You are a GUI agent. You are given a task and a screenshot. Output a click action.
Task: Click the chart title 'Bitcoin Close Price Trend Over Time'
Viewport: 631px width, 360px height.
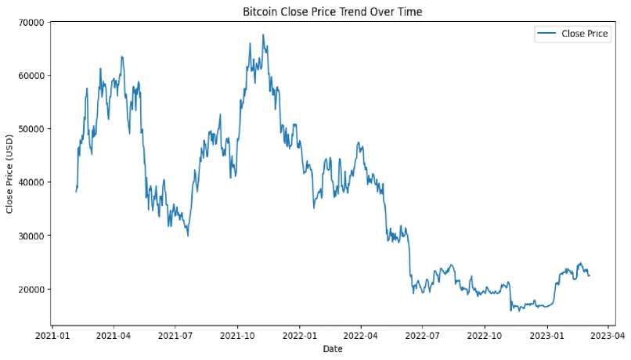(x=332, y=12)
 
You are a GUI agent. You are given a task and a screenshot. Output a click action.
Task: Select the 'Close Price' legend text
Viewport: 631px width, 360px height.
(x=585, y=34)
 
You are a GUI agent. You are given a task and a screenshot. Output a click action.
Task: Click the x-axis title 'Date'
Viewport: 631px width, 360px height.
(x=332, y=349)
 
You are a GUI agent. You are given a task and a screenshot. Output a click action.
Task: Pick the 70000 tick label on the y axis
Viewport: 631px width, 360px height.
(x=30, y=22)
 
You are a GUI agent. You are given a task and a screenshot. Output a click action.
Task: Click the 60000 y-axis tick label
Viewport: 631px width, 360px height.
(x=30, y=76)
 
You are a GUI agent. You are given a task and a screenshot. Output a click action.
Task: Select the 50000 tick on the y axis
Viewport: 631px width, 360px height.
(x=30, y=129)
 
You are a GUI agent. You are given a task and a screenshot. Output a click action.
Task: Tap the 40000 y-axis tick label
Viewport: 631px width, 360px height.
(x=30, y=182)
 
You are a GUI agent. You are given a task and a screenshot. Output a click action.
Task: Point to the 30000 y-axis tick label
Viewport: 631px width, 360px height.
(x=30, y=236)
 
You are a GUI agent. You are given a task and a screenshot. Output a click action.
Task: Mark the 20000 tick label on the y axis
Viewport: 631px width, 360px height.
(x=30, y=289)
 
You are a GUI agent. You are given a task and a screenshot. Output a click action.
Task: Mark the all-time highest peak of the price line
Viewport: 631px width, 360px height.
(x=263, y=34)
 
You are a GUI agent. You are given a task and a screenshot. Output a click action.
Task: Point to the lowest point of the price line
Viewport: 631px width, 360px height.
(x=511, y=311)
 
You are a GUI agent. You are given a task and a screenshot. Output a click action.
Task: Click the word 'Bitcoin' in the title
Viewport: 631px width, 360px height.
(x=259, y=12)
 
